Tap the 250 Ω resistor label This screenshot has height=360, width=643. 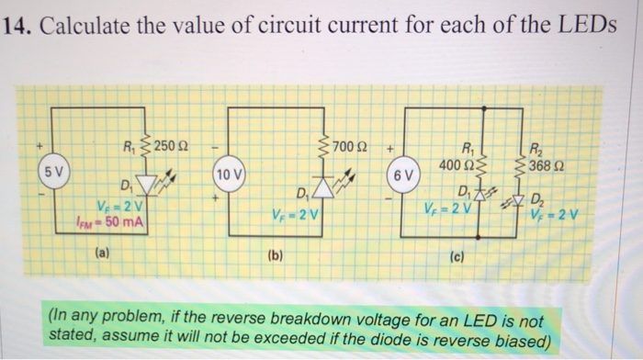171,144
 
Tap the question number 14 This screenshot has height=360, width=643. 17,25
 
